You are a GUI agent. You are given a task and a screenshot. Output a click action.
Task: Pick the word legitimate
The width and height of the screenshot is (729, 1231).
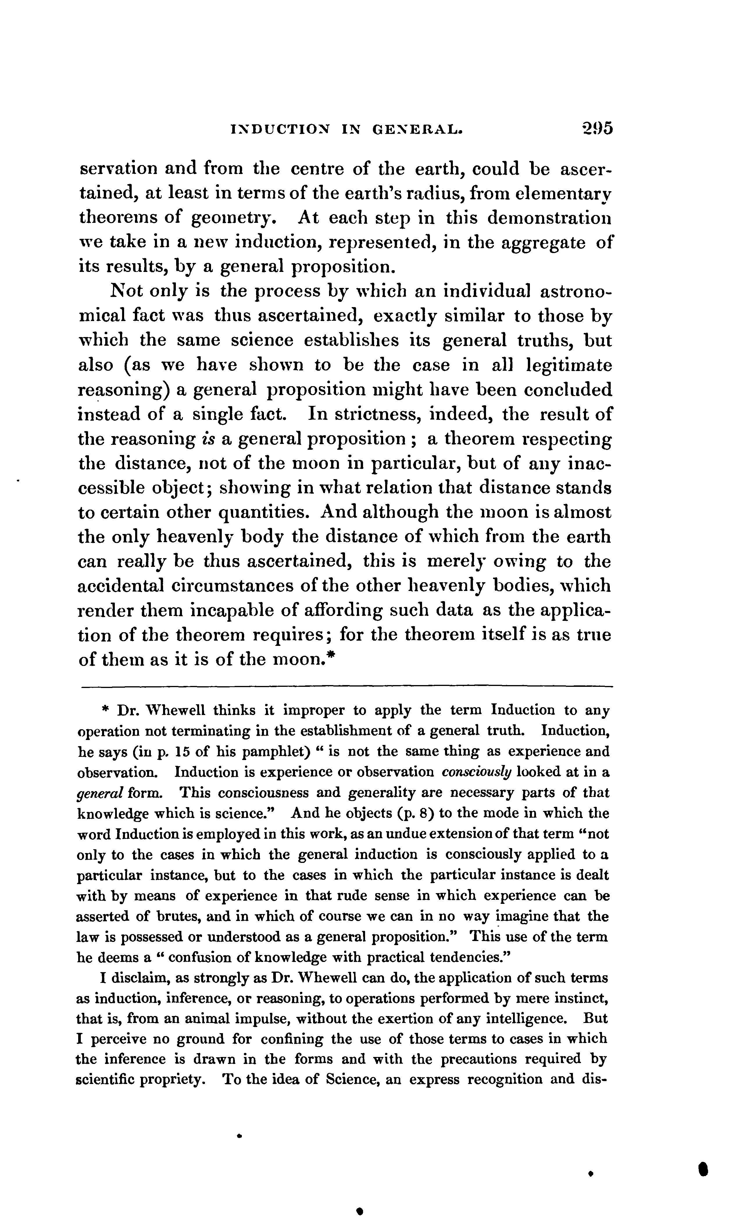[569, 366]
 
